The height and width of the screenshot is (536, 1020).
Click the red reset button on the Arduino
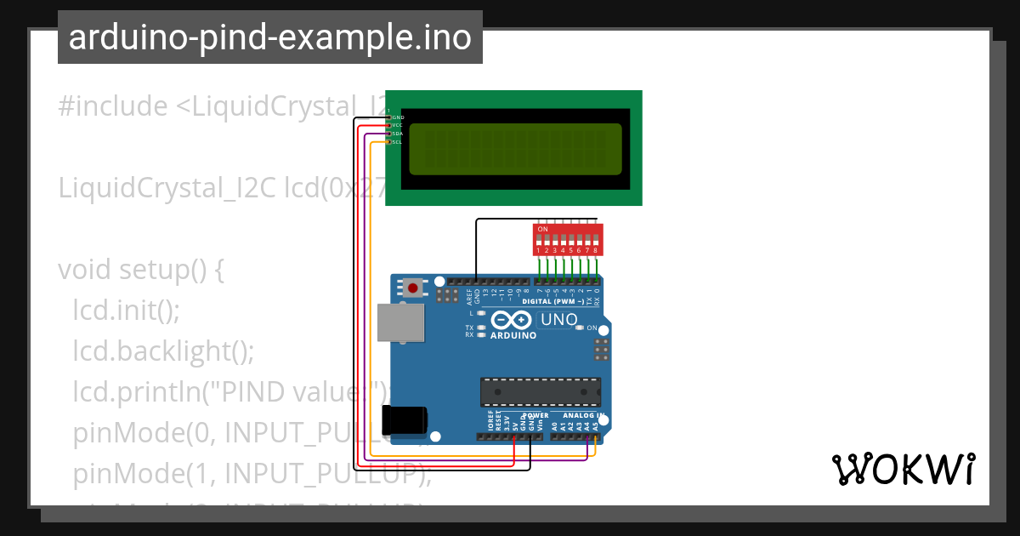point(413,288)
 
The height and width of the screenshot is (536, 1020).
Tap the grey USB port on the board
point(400,323)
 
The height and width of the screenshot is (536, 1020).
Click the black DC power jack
point(402,421)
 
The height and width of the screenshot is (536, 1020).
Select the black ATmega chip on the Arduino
point(540,391)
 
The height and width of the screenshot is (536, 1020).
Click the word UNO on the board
point(559,320)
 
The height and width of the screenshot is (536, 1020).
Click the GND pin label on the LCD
point(397,117)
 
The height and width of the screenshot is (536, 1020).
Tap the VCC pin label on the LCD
point(397,125)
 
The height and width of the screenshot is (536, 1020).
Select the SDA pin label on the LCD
point(397,134)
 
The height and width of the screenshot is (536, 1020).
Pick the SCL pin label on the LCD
point(397,141)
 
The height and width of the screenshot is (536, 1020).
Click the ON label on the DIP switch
point(542,229)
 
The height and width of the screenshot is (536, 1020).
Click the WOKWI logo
point(903,469)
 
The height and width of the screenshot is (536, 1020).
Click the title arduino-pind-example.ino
point(269,37)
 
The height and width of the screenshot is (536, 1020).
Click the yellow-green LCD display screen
point(515,149)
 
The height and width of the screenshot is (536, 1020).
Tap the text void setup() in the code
point(140,270)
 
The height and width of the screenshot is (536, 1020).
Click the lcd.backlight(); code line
point(163,350)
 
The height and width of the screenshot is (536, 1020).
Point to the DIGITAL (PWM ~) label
point(552,301)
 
